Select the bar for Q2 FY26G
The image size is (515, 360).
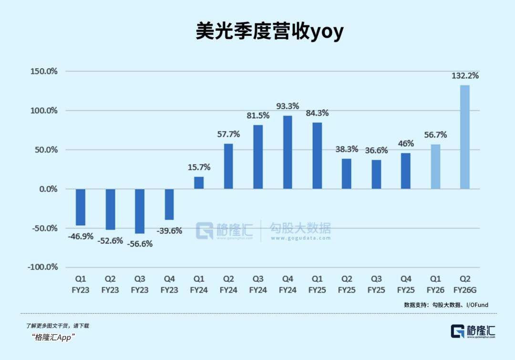464,137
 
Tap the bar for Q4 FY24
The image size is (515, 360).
288,152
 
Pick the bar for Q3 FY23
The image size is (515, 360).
140,211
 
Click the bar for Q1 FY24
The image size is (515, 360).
199,183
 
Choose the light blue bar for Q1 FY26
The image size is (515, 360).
435,166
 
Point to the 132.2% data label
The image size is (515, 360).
465,76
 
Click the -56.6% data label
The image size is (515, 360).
140,244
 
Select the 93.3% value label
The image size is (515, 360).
288,106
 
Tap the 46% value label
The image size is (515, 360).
406,143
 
